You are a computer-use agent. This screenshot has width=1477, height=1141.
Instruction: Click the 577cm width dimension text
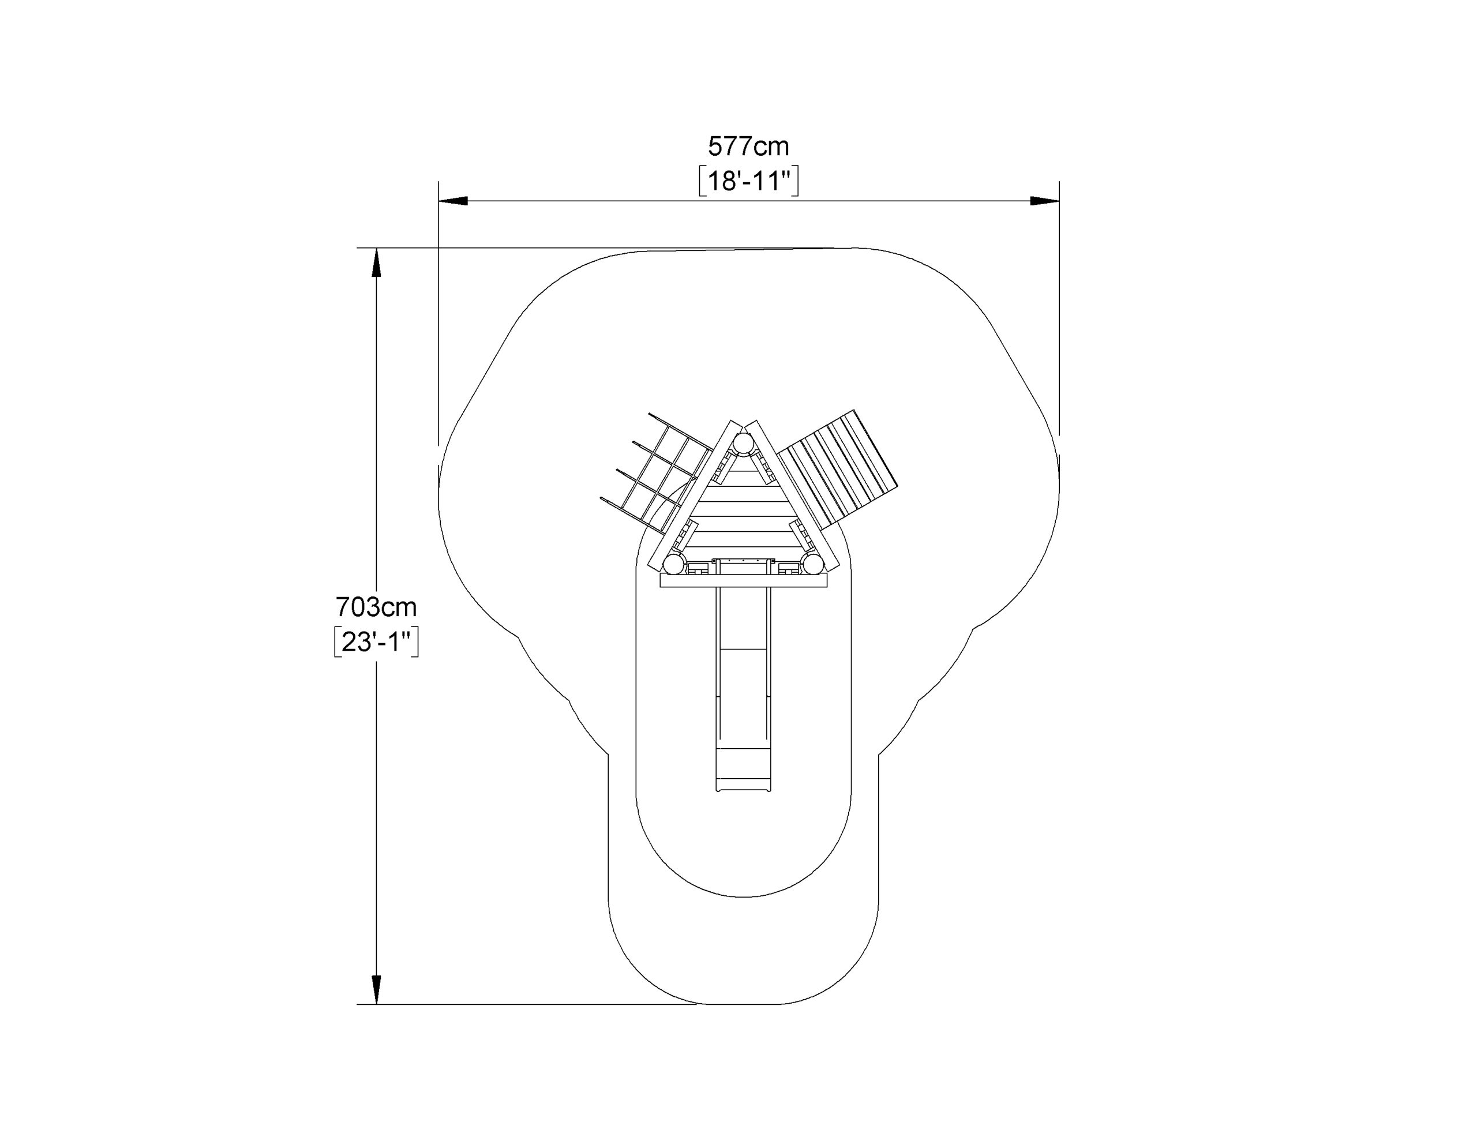[748, 146]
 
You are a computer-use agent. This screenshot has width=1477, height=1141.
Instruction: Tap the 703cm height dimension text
[376, 607]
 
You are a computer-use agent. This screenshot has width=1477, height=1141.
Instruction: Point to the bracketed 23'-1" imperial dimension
[376, 642]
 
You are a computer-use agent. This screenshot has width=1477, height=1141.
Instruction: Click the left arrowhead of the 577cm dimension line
[453, 201]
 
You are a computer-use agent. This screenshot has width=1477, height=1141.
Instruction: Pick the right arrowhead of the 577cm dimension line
[1044, 201]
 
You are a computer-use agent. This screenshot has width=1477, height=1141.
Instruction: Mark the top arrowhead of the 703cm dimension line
[377, 262]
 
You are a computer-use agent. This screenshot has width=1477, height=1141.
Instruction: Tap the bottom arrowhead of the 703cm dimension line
[377, 989]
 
